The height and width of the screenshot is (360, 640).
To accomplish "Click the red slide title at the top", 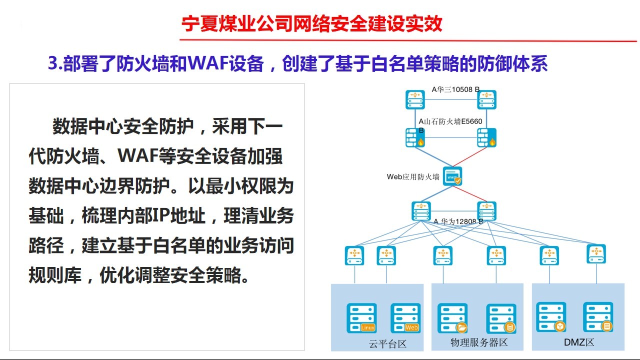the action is [x=311, y=23].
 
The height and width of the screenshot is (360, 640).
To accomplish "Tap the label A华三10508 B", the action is [x=455, y=89].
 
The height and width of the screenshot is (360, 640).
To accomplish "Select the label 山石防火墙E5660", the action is [x=453, y=121].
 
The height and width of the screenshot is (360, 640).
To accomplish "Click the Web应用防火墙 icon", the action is [x=452, y=176].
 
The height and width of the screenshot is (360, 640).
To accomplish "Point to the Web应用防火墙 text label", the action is [x=413, y=177].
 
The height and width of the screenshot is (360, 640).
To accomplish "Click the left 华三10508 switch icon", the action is [x=415, y=99].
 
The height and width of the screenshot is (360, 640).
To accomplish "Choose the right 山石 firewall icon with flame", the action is [x=487, y=137].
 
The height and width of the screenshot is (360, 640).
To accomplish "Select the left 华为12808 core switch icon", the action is [x=421, y=211].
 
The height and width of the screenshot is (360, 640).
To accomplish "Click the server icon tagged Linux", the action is [x=361, y=318].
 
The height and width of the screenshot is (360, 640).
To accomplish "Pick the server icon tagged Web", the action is [x=405, y=318].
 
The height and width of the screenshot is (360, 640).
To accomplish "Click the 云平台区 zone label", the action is [x=387, y=343].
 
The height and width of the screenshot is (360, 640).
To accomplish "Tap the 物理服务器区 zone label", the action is [x=479, y=342].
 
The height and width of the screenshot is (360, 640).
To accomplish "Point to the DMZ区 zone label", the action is [x=579, y=342].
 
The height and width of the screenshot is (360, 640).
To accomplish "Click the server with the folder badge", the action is [x=452, y=318].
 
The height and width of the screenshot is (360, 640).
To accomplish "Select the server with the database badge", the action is [x=501, y=319].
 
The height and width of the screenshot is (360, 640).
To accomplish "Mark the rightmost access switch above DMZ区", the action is [x=596, y=254].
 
